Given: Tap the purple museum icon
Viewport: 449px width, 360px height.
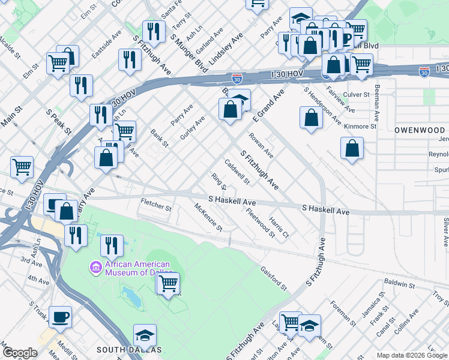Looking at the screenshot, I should click(95, 266).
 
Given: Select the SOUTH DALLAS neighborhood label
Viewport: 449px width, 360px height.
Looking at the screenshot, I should click(129, 349).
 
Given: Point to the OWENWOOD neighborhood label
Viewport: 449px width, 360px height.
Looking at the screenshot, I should click(420, 130).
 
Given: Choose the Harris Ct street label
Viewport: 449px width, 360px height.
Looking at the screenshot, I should click(279, 227).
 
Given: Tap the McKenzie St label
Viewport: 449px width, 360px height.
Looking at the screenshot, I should click(208, 218).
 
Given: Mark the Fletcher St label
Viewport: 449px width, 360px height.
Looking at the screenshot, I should click(156, 205).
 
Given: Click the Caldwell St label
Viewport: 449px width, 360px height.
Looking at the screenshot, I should click(237, 172).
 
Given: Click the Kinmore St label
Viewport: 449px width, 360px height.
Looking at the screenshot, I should click(361, 127).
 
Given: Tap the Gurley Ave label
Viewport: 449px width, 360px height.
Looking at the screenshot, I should click(193, 128).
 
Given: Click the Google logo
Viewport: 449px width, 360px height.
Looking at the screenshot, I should click(20, 353).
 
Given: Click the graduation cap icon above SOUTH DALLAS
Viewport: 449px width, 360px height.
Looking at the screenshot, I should click(145, 334).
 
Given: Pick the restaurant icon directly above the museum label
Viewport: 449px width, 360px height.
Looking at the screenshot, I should click(112, 244).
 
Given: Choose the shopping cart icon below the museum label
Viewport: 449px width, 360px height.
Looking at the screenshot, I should click(169, 282).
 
